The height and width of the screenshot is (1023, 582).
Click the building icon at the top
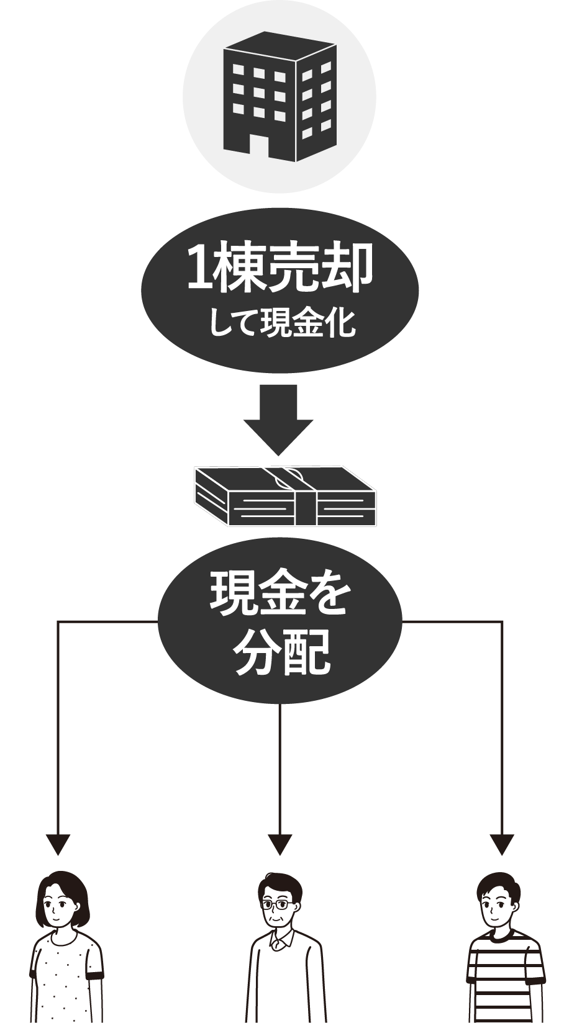[280, 96]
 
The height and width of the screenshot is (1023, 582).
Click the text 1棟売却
[280, 268]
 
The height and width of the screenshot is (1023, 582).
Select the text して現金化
[281, 323]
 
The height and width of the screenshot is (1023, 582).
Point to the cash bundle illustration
[285, 496]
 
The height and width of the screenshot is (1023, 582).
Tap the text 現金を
[280, 594]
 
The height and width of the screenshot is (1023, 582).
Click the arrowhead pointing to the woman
[58, 844]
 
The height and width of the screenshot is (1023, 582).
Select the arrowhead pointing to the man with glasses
[280, 844]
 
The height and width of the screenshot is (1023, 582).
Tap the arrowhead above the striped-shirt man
[501, 844]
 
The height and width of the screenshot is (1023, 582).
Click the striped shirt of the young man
[504, 981]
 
